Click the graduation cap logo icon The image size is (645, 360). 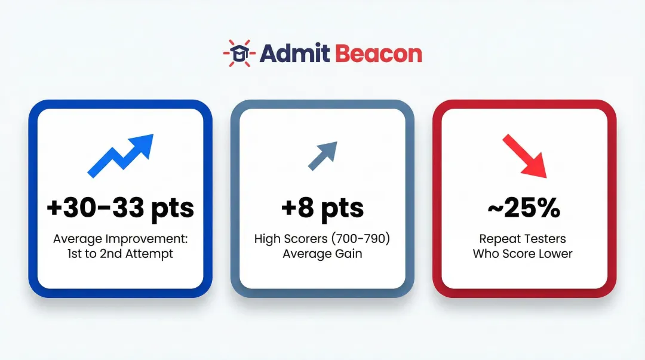[x=239, y=53]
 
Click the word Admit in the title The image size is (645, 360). [x=294, y=54]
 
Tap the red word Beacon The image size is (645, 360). [x=379, y=54]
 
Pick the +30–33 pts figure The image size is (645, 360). [x=121, y=208]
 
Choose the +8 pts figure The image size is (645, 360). [x=322, y=208]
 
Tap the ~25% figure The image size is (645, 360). [x=523, y=208]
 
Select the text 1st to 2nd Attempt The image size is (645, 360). [x=121, y=254]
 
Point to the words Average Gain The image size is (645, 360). [x=322, y=254]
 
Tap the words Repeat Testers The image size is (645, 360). [x=523, y=239]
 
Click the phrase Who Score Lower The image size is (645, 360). [x=523, y=254]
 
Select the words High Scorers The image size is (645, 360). [x=288, y=239]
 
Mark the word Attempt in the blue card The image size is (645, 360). [x=152, y=254]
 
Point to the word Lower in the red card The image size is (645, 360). [x=555, y=254]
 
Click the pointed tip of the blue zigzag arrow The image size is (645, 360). [x=152, y=136]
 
